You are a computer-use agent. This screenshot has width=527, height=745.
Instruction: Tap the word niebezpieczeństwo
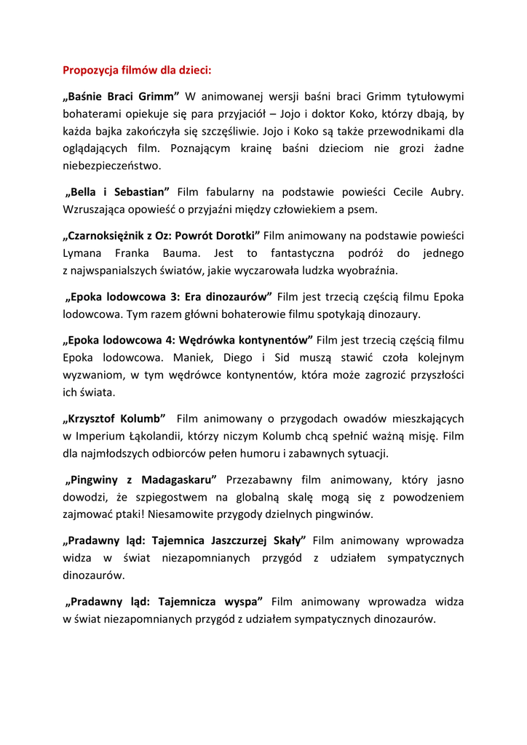point(111,166)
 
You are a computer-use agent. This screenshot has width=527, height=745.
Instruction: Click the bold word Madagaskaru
point(178,480)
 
